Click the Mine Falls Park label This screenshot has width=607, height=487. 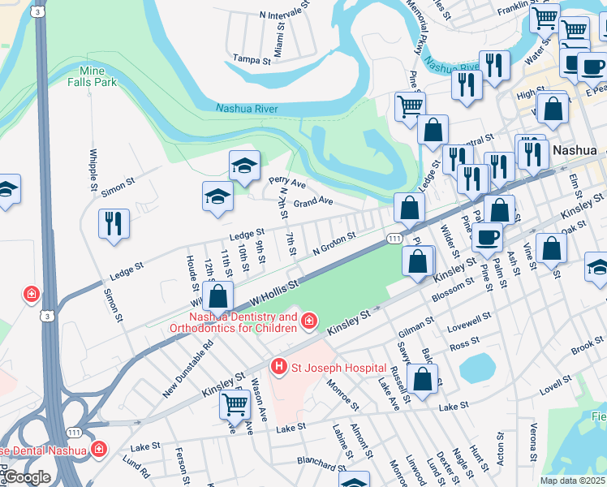(x=92, y=76)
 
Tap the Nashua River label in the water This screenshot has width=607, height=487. (x=247, y=109)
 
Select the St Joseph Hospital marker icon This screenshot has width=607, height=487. (x=279, y=368)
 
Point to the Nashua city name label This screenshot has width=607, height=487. (x=575, y=151)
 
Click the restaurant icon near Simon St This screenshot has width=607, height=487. (x=114, y=224)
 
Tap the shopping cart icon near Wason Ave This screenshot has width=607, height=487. (x=235, y=403)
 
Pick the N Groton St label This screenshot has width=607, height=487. (x=334, y=242)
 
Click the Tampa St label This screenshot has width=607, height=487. (x=251, y=59)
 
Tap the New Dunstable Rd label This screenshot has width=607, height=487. (x=187, y=368)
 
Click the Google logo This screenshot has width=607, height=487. (x=26, y=477)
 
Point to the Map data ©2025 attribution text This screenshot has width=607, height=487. (x=573, y=481)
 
